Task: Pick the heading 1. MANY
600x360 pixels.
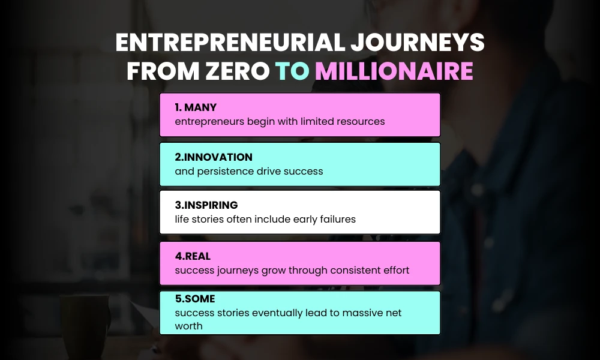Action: (x=196, y=108)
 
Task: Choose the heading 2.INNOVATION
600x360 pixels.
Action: (x=214, y=157)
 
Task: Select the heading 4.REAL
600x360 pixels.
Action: (x=193, y=256)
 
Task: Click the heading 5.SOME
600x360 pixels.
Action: (x=195, y=299)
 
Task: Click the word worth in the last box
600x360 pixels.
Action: (x=188, y=326)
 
